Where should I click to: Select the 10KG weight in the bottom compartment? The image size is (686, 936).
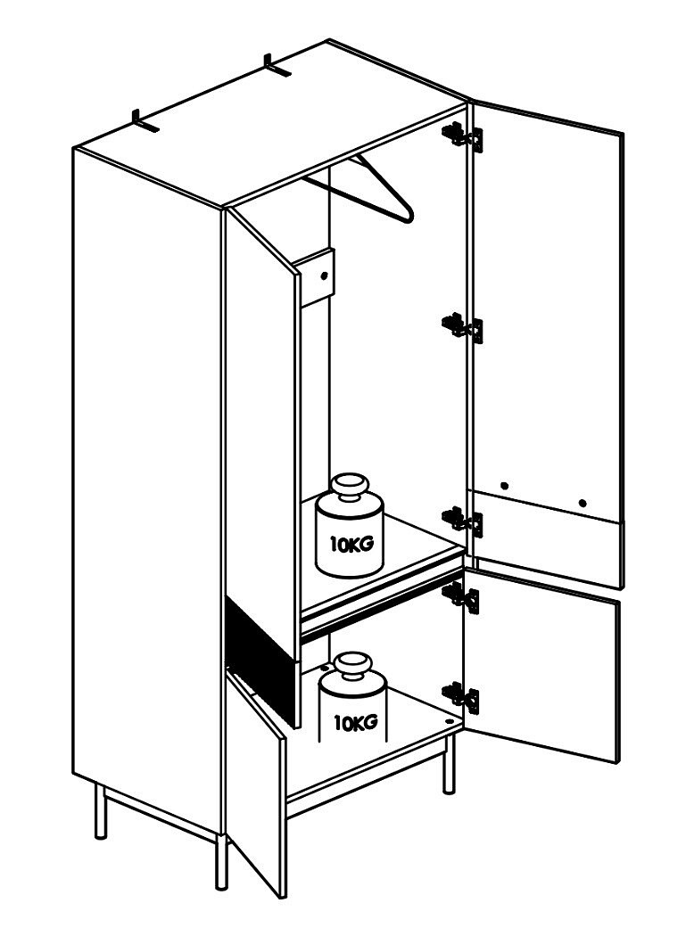pyautogui.click(x=352, y=698)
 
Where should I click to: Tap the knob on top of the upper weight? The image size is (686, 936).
pyautogui.click(x=351, y=487)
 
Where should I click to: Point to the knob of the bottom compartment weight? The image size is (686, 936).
pyautogui.click(x=353, y=666)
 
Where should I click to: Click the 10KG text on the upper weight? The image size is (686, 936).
pyautogui.click(x=352, y=545)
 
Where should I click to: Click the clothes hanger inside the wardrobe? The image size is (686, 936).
pyautogui.click(x=359, y=188)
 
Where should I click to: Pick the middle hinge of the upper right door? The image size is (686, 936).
pyautogui.click(x=462, y=327)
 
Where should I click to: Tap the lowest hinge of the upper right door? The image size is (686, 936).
pyautogui.click(x=462, y=521)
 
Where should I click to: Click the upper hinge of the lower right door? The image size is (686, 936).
pyautogui.click(x=460, y=597)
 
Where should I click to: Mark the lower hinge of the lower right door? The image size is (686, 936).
pyautogui.click(x=460, y=696)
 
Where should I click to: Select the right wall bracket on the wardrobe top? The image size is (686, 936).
pyautogui.click(x=277, y=66)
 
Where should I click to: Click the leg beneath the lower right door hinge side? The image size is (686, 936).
pyautogui.click(x=449, y=763)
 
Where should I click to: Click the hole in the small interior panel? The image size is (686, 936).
pyautogui.click(x=325, y=275)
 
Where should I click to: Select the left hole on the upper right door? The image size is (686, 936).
pyautogui.click(x=504, y=485)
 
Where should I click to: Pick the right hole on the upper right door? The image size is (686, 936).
pyautogui.click(x=583, y=503)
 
